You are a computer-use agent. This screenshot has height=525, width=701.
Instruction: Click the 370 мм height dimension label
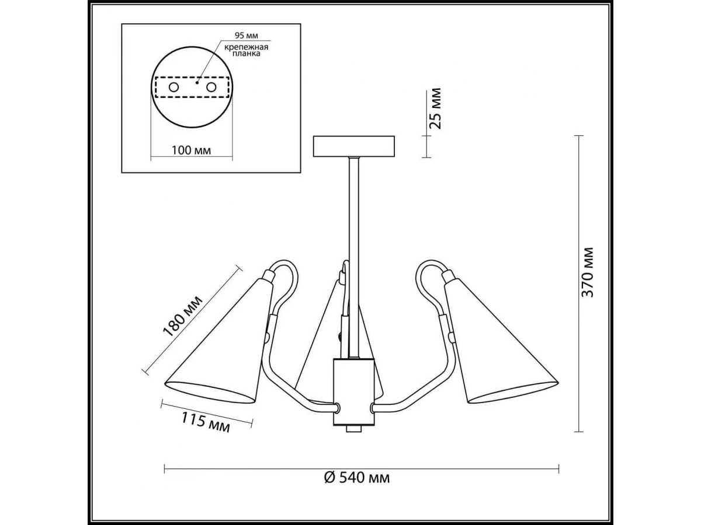tap(587, 273)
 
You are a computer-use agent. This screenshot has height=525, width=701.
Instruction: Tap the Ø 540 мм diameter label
tap(357, 487)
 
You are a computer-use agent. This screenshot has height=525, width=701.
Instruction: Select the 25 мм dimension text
tap(435, 108)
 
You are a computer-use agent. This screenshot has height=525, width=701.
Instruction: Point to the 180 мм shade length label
tap(182, 317)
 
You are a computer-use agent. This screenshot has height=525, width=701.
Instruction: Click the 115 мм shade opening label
tap(206, 422)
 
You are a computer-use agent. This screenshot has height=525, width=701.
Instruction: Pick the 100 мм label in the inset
tap(191, 150)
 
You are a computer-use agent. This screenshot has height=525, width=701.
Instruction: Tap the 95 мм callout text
tap(246, 35)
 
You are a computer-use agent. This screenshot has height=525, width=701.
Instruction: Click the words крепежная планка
tap(246, 50)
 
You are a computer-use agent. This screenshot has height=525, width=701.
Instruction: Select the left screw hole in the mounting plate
tap(173, 87)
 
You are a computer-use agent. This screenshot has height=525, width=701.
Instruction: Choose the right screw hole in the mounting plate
tap(211, 87)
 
